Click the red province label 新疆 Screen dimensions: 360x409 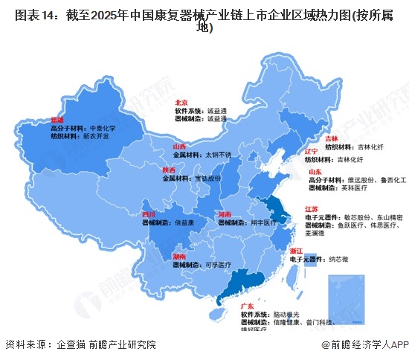point(57,119)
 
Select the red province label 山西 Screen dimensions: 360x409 point(179,147)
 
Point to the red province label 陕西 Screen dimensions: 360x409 point(169,170)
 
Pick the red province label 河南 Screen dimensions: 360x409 point(223,213)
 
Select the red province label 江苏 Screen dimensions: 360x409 point(312,209)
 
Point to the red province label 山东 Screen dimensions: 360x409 point(315,172)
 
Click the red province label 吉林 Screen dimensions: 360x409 point(332,138)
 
